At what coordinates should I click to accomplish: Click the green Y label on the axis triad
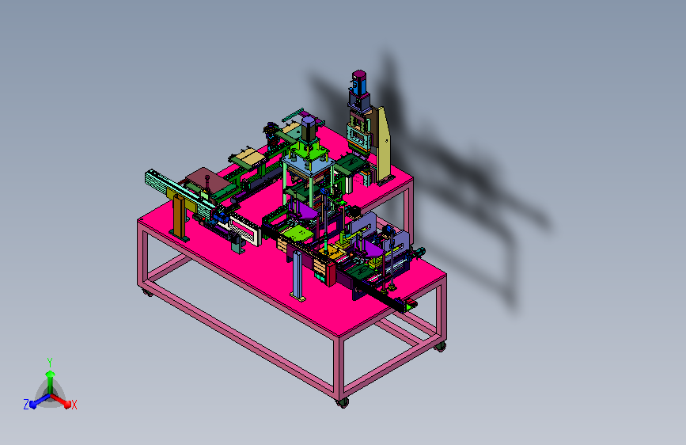[x=50, y=362]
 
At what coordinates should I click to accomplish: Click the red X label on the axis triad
[x=74, y=405]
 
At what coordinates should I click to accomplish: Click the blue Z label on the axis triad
[x=26, y=405]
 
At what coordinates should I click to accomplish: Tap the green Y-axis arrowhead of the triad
[x=51, y=375]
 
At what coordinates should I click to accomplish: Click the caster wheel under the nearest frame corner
[x=343, y=402]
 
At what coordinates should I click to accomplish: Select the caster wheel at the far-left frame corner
[x=147, y=293]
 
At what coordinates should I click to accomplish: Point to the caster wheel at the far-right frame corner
[x=440, y=347]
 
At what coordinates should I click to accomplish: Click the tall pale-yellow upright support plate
[x=384, y=145]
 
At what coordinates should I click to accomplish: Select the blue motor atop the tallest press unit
[x=359, y=83]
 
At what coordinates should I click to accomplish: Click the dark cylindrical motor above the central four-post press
[x=309, y=129]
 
